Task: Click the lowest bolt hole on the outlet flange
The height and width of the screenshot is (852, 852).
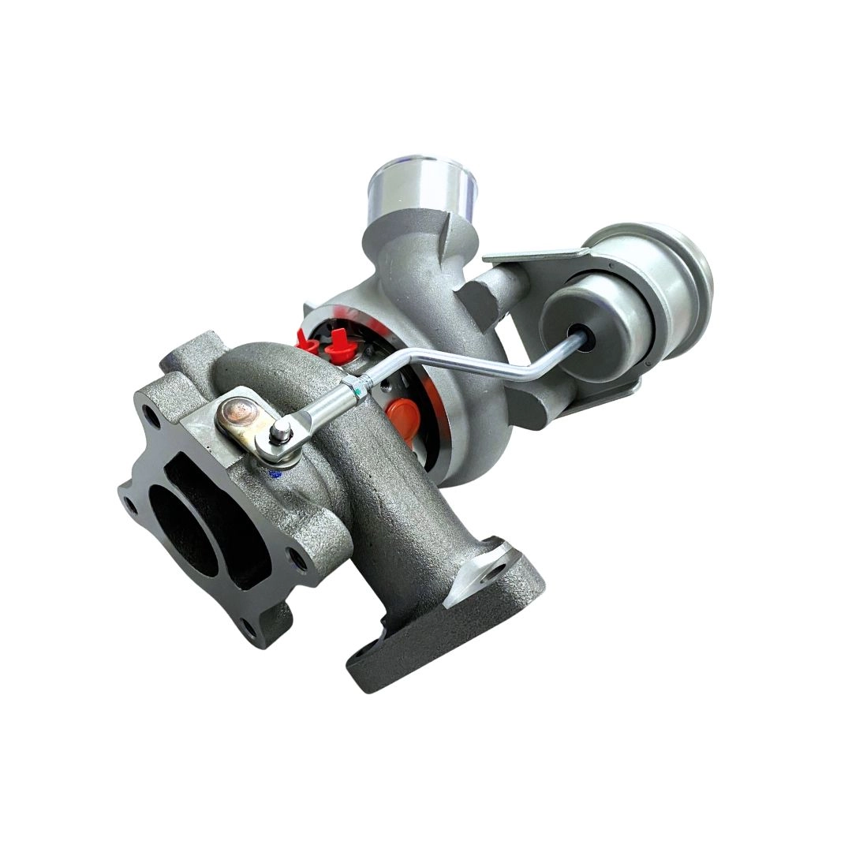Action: pyautogui.click(x=249, y=628)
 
